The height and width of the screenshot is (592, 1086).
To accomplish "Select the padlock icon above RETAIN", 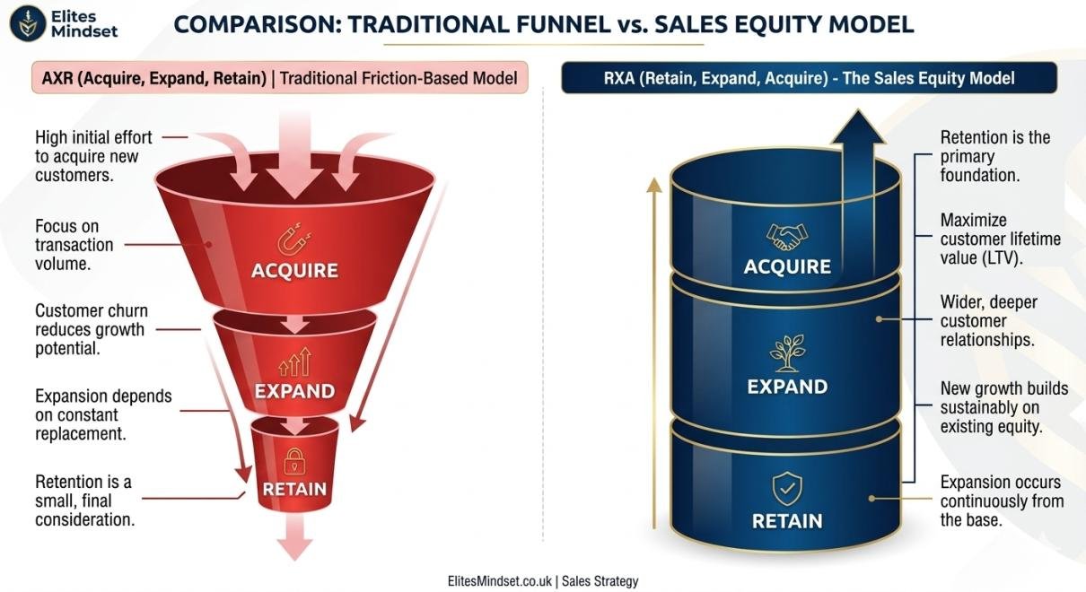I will point(293,461).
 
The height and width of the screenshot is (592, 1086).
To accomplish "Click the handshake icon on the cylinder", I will point(786,236).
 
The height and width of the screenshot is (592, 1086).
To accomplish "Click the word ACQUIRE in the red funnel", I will point(294,270).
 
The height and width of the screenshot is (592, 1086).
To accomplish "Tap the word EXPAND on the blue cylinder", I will point(787,387).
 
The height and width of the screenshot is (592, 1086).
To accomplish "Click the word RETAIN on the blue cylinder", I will point(787,521).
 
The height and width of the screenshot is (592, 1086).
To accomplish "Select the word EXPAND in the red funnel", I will point(294,391).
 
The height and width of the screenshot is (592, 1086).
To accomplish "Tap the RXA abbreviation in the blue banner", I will point(623,78).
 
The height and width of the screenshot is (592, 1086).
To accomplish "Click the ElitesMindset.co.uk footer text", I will point(499,581).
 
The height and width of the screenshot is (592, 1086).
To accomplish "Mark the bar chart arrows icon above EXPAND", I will point(293,362).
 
